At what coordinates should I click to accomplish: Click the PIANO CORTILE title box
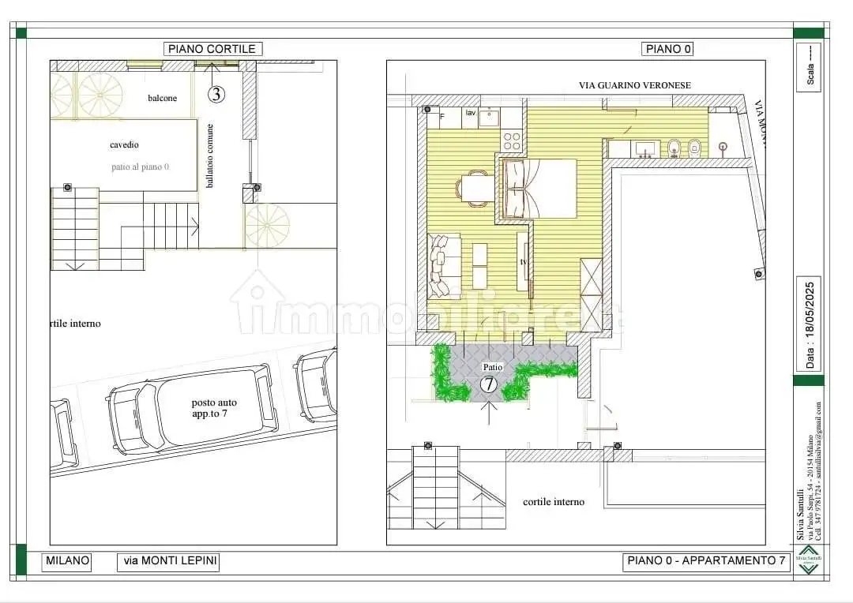coord(213,49)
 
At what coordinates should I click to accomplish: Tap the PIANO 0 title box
coord(668,49)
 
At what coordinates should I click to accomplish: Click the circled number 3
coord(216,95)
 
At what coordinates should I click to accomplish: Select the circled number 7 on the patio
coord(489,384)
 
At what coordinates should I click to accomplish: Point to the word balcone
coord(162,98)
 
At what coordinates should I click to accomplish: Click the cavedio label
coord(124,145)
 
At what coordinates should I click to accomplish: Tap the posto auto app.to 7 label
coord(214,407)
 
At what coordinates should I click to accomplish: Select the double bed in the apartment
coord(539,189)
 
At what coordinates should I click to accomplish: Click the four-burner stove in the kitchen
coord(512,141)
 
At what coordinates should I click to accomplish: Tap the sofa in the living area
coord(444,266)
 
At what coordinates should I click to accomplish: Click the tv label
coord(523,261)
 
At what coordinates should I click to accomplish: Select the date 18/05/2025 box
coord(809,324)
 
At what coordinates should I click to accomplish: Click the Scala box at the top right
coord(809,68)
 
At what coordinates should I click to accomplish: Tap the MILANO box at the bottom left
coord(67,561)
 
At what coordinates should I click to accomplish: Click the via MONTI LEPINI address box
coord(168,561)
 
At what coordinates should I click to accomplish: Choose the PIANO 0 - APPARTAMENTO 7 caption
coord(706,561)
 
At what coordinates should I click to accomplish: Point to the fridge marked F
coord(442,117)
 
